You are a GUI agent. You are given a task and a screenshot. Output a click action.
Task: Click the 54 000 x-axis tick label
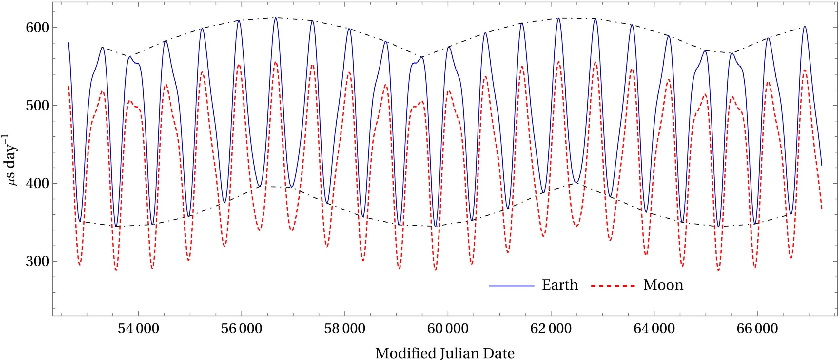(x=138, y=329)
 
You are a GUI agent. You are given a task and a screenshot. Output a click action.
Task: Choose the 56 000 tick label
(x=242, y=329)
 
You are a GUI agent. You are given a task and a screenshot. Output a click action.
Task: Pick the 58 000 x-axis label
(x=344, y=329)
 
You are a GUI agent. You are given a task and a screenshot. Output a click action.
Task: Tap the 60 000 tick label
(x=448, y=329)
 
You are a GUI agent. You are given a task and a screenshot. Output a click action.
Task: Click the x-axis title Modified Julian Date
(x=445, y=353)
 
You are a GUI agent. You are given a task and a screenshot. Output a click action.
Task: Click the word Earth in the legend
(x=560, y=285)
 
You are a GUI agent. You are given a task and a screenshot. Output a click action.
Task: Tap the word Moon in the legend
(x=663, y=285)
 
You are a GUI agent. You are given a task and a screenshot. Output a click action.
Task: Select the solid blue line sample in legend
(x=512, y=286)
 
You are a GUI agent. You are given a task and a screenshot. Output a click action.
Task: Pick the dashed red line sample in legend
(x=613, y=286)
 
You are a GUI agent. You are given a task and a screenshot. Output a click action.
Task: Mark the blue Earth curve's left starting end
(x=68, y=43)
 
